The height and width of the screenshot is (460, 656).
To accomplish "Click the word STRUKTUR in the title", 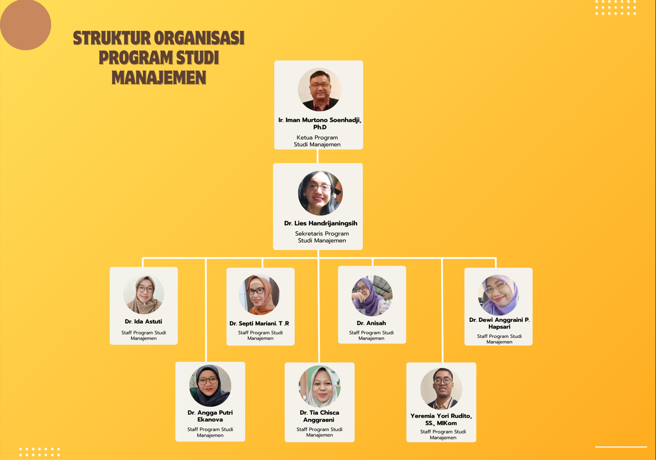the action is (112, 38).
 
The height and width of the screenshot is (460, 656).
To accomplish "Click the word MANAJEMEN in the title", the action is (159, 78).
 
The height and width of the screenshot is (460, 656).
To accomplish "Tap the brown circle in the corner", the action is (26, 25).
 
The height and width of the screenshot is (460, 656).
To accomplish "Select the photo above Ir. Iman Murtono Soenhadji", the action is (320, 89).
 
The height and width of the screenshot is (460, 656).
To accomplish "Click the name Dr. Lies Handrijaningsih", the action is (321, 223).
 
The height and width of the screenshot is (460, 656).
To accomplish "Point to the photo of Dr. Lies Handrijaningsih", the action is (320, 194).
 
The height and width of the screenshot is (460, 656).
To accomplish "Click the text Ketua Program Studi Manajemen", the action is (317, 141).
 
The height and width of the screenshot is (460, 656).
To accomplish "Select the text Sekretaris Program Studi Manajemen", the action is (322, 237).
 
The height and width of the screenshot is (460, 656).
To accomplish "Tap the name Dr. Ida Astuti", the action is (143, 321).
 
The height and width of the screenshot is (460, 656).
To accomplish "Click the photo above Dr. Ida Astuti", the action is (144, 294).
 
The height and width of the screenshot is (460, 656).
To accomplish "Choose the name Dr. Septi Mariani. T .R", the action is (259, 323).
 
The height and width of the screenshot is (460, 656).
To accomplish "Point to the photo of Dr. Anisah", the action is (372, 296).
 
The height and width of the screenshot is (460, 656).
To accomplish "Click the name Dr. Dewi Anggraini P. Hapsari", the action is (499, 323).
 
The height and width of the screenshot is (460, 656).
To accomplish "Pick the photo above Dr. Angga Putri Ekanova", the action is (210, 386).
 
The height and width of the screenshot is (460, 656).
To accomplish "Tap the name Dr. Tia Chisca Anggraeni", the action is (319, 416).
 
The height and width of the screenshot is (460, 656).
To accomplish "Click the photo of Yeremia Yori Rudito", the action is (441, 389).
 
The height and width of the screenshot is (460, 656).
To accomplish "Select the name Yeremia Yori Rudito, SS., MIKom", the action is (441, 419).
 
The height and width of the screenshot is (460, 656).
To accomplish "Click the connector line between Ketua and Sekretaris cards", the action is (317, 156).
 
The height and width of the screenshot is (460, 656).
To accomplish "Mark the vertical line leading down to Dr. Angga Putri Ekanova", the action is (206, 310).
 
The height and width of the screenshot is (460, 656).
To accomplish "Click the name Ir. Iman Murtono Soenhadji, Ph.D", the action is (320, 124).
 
